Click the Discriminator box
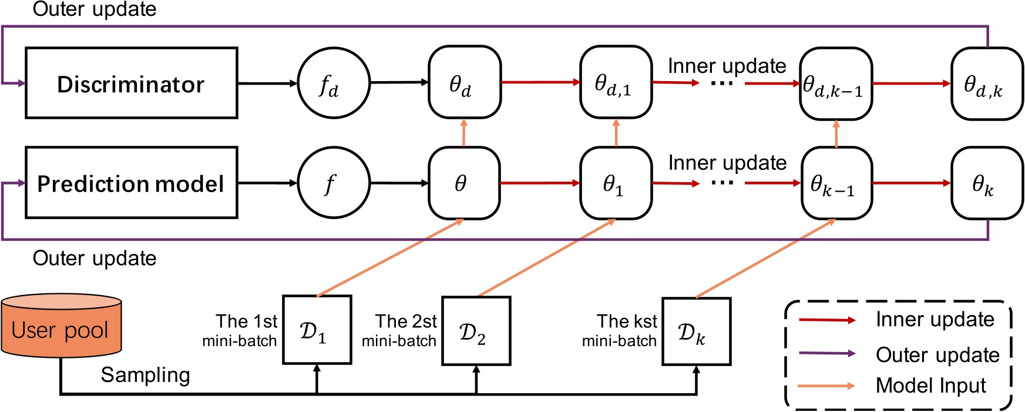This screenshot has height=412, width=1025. (131, 83)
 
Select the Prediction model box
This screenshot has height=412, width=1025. (131, 183)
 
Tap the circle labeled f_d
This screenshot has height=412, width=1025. (334, 83)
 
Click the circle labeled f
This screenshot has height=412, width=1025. (334, 183)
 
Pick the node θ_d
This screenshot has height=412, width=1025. (464, 82)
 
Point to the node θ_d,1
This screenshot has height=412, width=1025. (616, 82)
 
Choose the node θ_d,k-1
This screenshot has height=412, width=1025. (835, 83)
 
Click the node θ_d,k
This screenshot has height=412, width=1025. (987, 83)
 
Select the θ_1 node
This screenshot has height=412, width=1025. (616, 183)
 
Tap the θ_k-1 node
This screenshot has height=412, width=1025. (835, 183)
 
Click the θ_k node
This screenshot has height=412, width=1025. (987, 183)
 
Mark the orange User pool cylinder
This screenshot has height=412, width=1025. (61, 327)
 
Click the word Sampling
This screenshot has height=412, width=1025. (145, 375)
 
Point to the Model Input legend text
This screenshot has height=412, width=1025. (930, 386)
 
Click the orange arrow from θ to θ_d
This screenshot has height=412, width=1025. (463, 132)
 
